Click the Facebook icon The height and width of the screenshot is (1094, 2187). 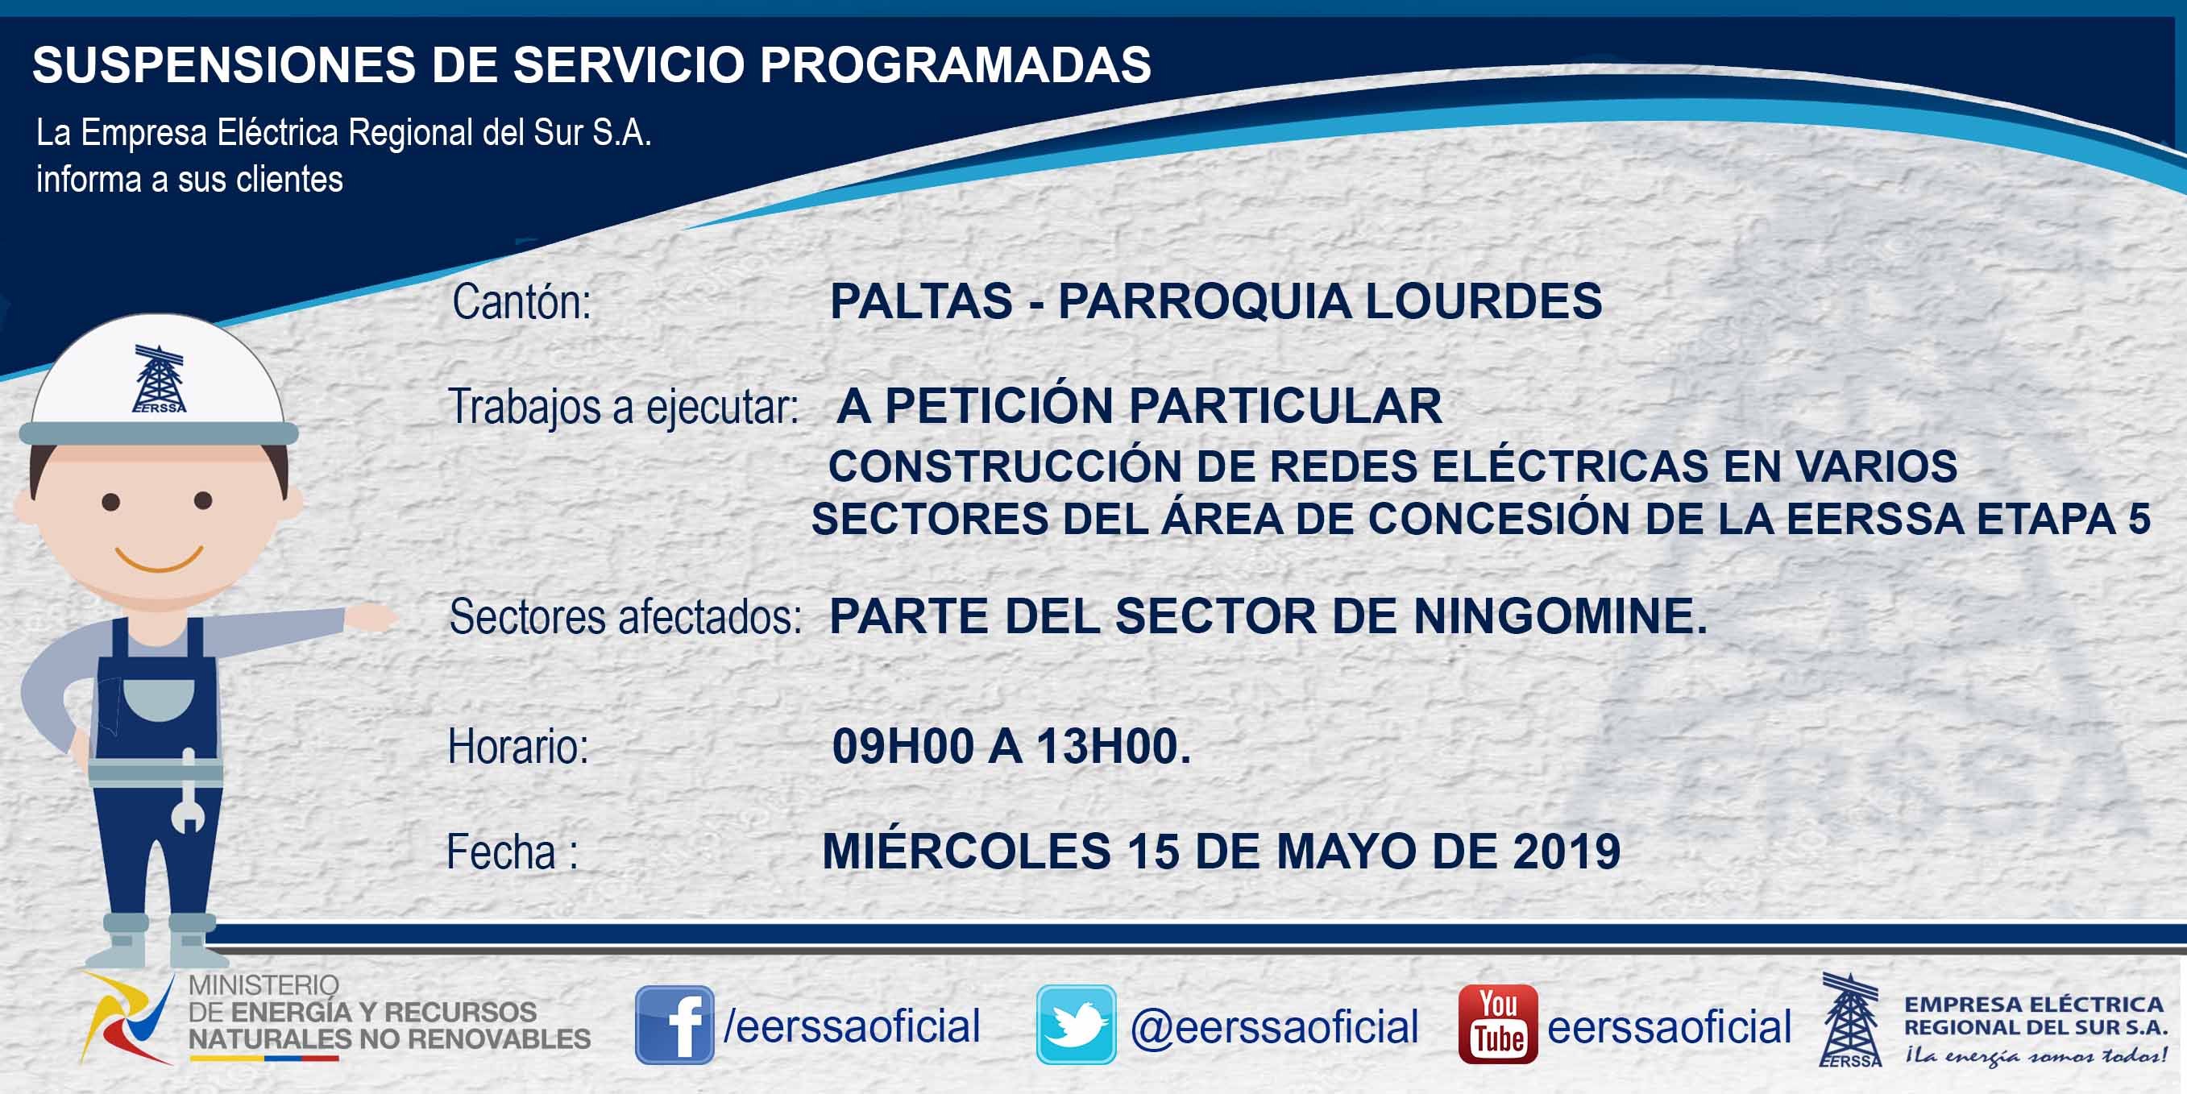(674, 1025)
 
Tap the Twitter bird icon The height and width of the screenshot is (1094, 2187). (1076, 1025)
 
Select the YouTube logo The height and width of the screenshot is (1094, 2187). (1497, 1025)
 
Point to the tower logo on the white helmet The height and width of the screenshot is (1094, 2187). (159, 379)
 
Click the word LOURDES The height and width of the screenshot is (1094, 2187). (1484, 301)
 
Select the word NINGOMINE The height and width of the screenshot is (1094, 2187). (1560, 616)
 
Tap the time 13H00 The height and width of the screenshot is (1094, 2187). (1114, 747)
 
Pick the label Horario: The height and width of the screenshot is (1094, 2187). (518, 747)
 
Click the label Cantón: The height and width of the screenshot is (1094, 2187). (521, 302)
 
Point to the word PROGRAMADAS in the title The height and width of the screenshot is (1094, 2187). (955, 64)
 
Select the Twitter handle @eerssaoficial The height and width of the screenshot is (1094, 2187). (1274, 1027)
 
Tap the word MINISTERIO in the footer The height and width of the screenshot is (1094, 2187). (264, 985)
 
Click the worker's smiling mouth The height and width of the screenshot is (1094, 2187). (159, 559)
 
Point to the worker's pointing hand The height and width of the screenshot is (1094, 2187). (371, 617)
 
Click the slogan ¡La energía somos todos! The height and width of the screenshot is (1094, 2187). (2036, 1055)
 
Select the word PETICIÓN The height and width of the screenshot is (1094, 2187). (998, 406)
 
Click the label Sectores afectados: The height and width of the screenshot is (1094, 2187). (625, 617)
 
